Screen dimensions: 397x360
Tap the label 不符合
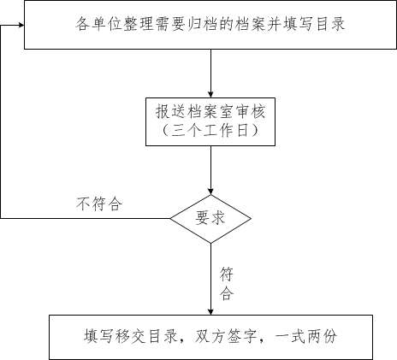[x=99, y=204]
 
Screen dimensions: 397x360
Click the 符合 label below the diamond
[x=227, y=284]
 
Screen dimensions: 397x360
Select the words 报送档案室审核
[x=210, y=111]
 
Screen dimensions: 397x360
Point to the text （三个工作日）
[x=210, y=131]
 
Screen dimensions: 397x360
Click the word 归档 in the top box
[x=203, y=24]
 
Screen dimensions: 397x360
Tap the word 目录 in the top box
[x=330, y=24]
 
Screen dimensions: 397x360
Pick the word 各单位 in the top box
[x=98, y=24]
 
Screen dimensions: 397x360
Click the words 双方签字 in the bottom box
[x=226, y=336]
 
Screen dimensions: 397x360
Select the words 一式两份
[x=306, y=336]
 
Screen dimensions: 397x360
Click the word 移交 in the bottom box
[x=131, y=336]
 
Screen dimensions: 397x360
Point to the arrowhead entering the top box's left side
[x=21, y=25]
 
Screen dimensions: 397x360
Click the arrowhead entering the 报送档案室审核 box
[x=210, y=95]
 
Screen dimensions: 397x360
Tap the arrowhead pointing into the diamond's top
[x=210, y=192]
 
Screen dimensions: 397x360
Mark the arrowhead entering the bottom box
[x=210, y=312]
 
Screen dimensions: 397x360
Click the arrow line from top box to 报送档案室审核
[x=210, y=74]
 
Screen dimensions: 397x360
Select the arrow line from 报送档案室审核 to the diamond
[x=210, y=170]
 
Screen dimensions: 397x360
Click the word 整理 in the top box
[x=139, y=24]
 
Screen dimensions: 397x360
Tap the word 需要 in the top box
[x=170, y=24]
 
